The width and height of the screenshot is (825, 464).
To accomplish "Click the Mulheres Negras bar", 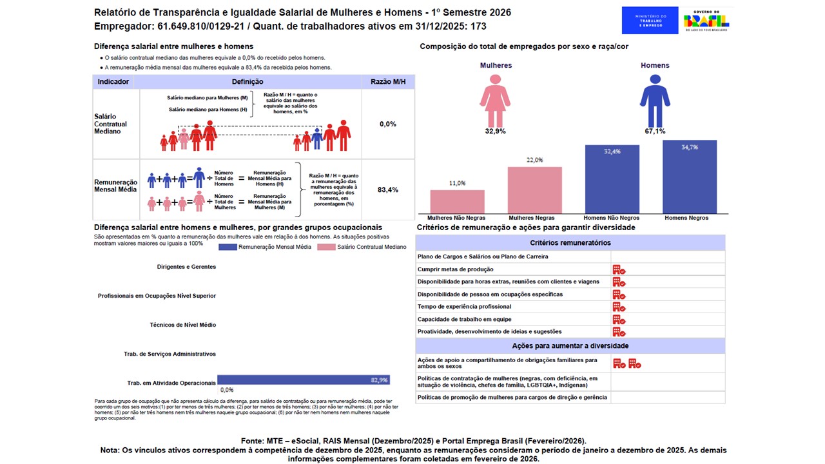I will coord(534,190).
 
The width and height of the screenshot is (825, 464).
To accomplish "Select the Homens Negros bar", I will coord(689,177).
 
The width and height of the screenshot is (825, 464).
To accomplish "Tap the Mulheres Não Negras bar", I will coord(457,201).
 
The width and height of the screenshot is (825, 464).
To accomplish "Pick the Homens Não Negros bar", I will coord(612,179).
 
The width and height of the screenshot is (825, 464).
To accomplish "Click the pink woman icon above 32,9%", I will coord(495,101).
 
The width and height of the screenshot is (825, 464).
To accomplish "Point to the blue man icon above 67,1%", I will coord(655,101).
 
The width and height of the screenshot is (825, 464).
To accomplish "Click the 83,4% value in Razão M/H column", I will coord(388,190).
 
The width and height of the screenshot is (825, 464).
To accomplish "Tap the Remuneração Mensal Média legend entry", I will coord(265,247).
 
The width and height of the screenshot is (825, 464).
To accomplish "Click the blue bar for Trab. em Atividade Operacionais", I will coord(303,380).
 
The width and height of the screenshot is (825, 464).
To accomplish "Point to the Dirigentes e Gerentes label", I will coord(186,266).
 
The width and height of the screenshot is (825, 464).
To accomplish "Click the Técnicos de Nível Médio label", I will coord(182,325).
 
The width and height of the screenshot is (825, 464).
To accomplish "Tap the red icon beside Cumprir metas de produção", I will coord(619,269).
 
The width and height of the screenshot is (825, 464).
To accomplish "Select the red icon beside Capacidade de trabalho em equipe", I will coord(619,320).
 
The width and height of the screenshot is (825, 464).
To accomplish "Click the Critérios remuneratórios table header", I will coord(570,243).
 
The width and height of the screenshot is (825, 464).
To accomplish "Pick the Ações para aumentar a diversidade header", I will coord(570,345).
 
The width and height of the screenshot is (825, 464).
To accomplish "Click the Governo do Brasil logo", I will coord(706,20).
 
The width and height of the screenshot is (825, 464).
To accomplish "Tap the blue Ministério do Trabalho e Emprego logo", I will coord(650,20).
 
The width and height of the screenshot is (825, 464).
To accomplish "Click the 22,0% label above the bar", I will coord(534,160).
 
